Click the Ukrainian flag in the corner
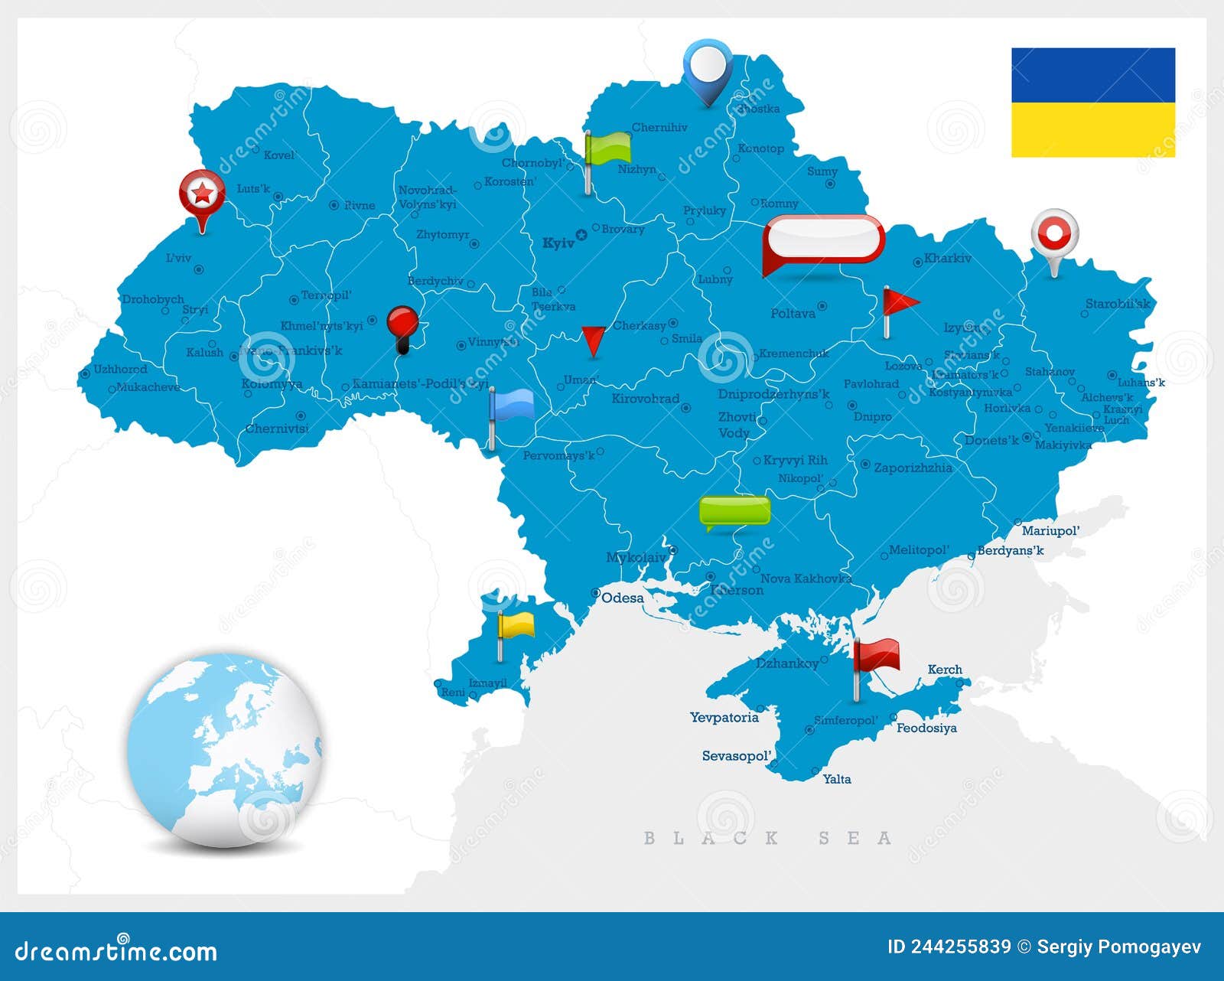(1092, 103)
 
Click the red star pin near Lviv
(202, 193)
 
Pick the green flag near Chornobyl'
(607, 148)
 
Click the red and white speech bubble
(824, 240)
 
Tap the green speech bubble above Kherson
(734, 510)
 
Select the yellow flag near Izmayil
(516, 626)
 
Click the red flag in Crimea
(876, 657)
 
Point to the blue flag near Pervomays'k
(511, 405)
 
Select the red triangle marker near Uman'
(593, 339)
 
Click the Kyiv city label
(558, 243)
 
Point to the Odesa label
(622, 598)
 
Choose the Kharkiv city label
(947, 259)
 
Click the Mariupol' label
(1050, 531)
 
